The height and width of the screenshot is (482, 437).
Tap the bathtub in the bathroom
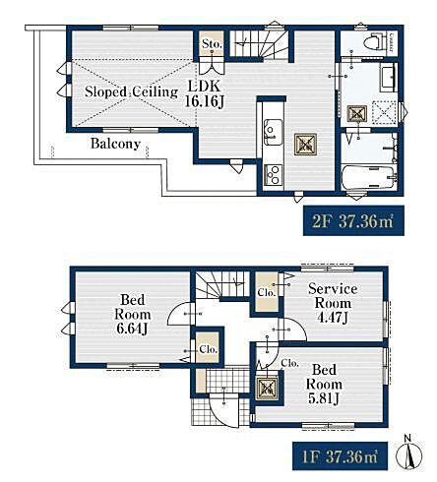[x=367, y=177]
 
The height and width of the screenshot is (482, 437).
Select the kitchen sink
[x=274, y=132]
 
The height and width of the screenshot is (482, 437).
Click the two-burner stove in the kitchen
[x=274, y=175]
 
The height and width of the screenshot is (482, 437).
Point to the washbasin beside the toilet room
[x=388, y=77]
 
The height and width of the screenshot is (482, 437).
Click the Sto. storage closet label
[x=212, y=43]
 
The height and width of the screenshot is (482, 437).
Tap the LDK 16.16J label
[x=204, y=94]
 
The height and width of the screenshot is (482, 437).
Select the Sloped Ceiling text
[x=131, y=91]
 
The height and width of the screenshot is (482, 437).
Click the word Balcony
[x=115, y=144]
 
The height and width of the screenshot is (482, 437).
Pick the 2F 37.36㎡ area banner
[x=353, y=220]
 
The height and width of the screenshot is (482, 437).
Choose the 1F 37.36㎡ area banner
[x=340, y=455]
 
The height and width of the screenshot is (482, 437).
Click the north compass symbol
[x=409, y=454]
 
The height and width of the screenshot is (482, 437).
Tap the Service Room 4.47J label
[x=333, y=303]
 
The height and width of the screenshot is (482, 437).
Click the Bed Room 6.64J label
[x=132, y=314]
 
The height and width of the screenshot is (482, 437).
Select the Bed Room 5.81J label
[x=324, y=384]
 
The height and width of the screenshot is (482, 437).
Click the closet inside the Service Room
[x=267, y=292]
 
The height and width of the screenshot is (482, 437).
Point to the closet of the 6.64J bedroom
[x=208, y=347]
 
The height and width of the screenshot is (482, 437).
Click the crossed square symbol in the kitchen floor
[x=305, y=144]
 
